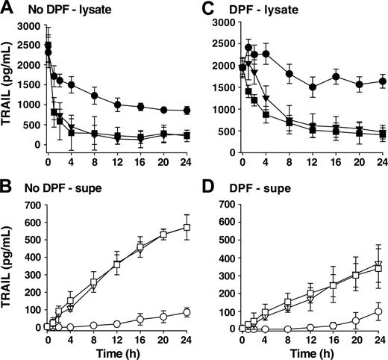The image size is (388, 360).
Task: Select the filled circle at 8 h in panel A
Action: click(x=94, y=96)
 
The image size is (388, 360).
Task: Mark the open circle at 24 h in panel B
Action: click(x=187, y=312)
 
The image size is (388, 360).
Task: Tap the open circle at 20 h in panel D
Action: click(x=359, y=320)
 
